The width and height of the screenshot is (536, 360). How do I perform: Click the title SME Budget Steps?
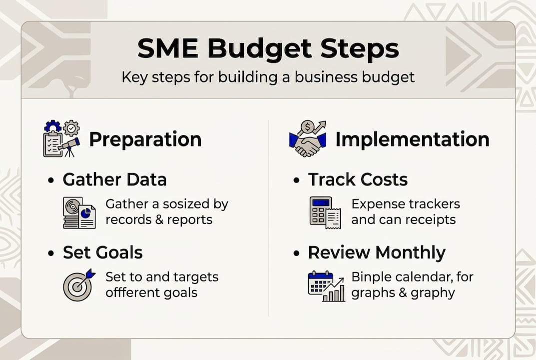268,49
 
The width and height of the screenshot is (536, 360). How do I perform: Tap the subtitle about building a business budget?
268,77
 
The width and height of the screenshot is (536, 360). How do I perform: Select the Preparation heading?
145,139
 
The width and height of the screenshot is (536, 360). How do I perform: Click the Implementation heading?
412,139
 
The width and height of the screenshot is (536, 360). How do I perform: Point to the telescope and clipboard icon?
61,138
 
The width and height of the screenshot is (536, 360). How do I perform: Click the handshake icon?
307,139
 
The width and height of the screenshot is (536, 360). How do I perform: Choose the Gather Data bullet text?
114,179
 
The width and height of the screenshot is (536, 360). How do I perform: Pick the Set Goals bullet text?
102,252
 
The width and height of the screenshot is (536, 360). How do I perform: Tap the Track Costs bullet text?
358,179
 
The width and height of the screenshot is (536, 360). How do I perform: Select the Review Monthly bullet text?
376,252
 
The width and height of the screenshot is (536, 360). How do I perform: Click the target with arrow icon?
78,284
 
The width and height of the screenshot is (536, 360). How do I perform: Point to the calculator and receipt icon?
325,212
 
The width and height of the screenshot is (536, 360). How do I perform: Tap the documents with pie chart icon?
79,212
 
